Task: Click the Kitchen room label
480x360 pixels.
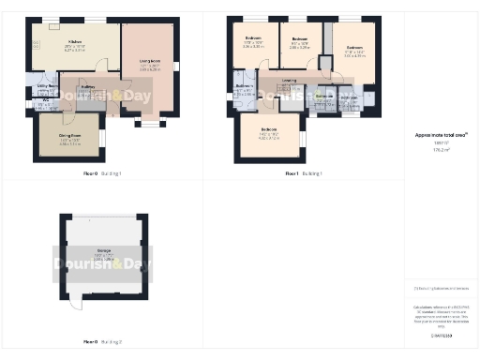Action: tap(75, 43)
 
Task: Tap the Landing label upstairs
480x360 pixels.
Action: tap(288, 81)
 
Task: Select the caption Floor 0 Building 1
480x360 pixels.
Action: tap(102, 174)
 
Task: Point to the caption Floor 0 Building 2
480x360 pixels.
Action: tap(102, 342)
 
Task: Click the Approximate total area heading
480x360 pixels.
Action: tap(441, 135)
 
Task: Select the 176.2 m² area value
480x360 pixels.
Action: tap(441, 148)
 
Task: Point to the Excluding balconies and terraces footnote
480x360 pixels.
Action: tap(441, 288)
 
